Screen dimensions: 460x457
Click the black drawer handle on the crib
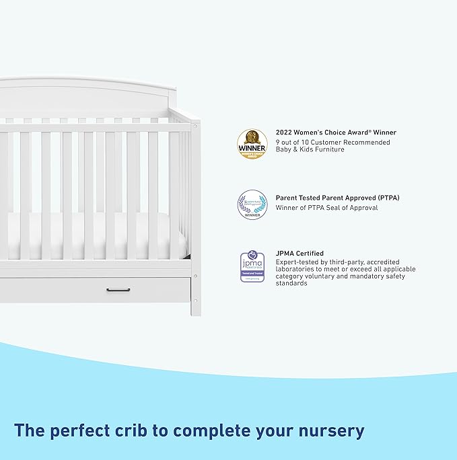coord(118,290)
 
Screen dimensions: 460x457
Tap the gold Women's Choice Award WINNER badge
coord(252,143)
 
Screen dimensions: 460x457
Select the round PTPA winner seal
coord(252,204)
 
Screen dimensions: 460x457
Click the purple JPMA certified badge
coord(252,267)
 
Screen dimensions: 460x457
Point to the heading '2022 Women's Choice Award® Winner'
coord(336,132)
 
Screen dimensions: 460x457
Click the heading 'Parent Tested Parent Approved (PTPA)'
coord(338,198)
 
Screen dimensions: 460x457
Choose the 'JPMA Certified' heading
coord(300,254)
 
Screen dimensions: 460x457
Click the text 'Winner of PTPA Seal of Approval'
coord(326,208)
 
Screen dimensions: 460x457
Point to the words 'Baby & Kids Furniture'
coord(310,149)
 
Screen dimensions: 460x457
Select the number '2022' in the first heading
coord(285,132)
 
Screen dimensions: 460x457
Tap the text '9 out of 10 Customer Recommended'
coord(332,142)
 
